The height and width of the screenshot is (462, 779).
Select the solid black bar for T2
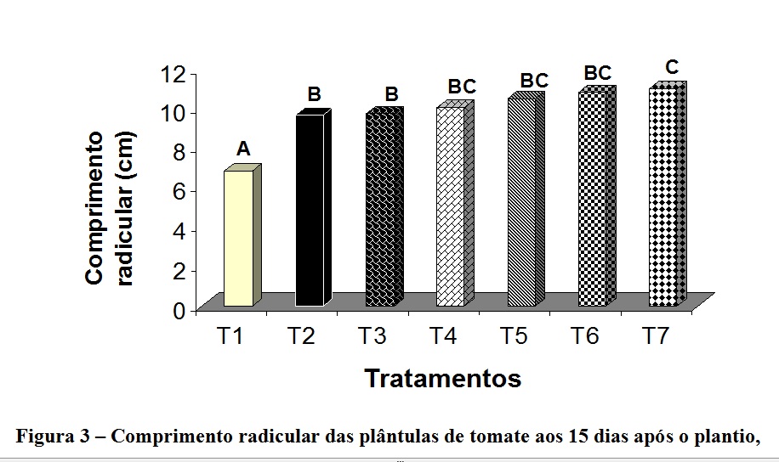[310, 210]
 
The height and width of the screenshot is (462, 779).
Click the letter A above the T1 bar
[243, 149]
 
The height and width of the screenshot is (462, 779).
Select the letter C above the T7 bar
[672, 67]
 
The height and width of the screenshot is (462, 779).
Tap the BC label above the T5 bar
[534, 81]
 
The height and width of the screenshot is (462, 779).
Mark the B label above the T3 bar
[391, 93]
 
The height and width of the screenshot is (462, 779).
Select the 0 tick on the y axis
[179, 310]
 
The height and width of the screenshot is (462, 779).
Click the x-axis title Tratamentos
[442, 378]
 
